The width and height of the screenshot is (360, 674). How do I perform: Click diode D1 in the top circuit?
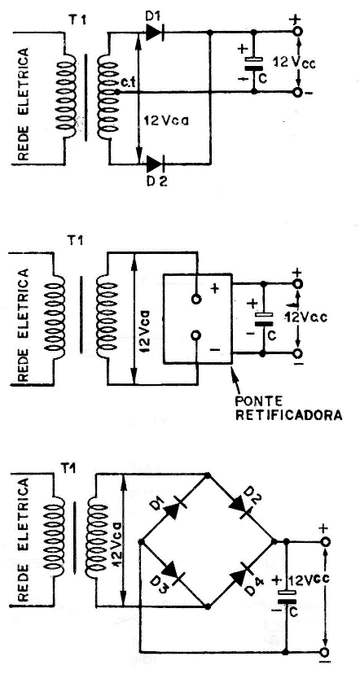(155, 32)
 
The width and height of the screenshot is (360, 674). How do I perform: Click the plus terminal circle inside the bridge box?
(196, 299)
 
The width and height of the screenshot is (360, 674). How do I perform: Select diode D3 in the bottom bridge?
(173, 573)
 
